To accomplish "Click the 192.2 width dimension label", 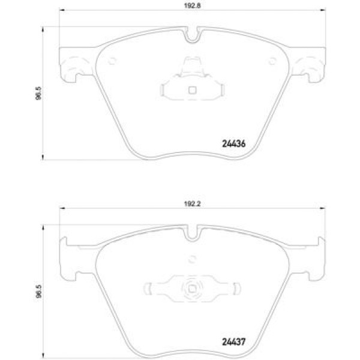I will click(191, 204).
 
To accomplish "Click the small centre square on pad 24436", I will click(191, 92).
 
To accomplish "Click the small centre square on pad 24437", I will click(191, 287).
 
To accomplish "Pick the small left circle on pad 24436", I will click(112, 59).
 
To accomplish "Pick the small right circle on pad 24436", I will click(271, 59).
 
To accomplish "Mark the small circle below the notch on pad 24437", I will click(191, 259).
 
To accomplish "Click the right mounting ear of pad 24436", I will click(310, 65).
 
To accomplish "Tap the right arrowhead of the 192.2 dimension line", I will click(323, 208).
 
